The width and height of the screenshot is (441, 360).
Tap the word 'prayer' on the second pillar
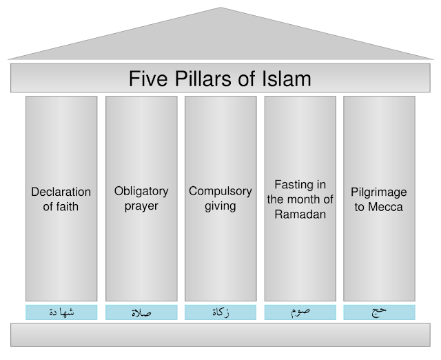point(141,206)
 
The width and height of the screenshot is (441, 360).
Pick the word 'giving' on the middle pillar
point(220,206)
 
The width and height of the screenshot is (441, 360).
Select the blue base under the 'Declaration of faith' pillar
point(61,312)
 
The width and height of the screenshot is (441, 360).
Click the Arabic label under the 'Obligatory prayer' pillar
point(141,312)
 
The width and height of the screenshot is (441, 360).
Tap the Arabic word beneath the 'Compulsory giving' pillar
point(220,312)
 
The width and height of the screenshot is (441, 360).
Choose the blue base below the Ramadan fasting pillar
point(300,312)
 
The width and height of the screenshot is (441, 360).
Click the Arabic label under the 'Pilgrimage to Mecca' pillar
point(380,312)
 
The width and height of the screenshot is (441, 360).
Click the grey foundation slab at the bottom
point(220,336)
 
